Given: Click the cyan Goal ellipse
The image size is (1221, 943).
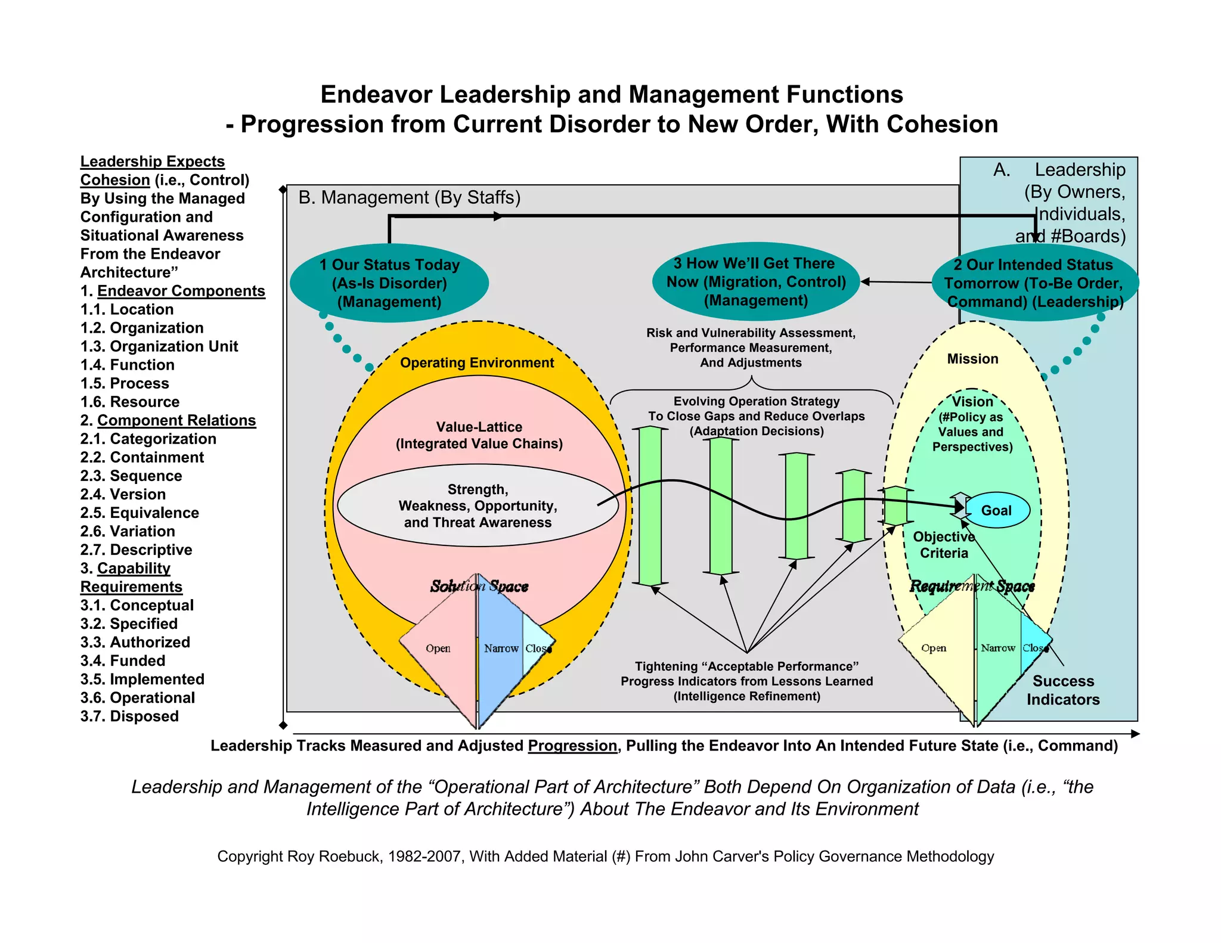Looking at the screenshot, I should point(996,511).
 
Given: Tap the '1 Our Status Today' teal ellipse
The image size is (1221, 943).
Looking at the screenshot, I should point(389,283).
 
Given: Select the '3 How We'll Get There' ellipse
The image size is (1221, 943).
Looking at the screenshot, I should point(756,282).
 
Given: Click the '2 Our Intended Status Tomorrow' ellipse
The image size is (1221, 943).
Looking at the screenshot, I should point(1034,283).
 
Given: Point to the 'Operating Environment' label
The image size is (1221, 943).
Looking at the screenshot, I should point(477,363).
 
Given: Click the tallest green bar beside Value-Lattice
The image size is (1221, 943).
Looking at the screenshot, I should point(650,505).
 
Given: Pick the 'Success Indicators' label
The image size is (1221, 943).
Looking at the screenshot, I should point(1063,690).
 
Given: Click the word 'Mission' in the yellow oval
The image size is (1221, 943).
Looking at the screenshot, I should point(972,359).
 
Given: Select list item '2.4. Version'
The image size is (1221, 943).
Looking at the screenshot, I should point(123,494).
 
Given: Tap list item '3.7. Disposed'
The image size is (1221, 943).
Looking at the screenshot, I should point(129,716).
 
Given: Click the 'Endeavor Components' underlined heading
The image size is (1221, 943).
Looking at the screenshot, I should point(181,291).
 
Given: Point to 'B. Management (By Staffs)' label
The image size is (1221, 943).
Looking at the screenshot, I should point(409,197).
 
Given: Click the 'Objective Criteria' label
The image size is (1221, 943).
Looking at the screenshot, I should point(944,545).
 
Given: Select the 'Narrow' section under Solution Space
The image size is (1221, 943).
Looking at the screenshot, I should point(501,649).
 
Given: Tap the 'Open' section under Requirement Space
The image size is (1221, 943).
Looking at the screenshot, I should point(934,649).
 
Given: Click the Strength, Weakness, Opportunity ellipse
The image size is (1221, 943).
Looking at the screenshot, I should point(478,505).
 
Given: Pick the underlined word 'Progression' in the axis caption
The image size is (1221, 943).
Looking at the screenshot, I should point(572,746).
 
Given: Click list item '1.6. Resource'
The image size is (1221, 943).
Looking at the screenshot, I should point(130,402).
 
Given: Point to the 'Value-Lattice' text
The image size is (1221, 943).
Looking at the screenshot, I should point(479,427).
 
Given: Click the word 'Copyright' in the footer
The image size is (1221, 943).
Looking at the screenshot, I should point(249,857).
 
